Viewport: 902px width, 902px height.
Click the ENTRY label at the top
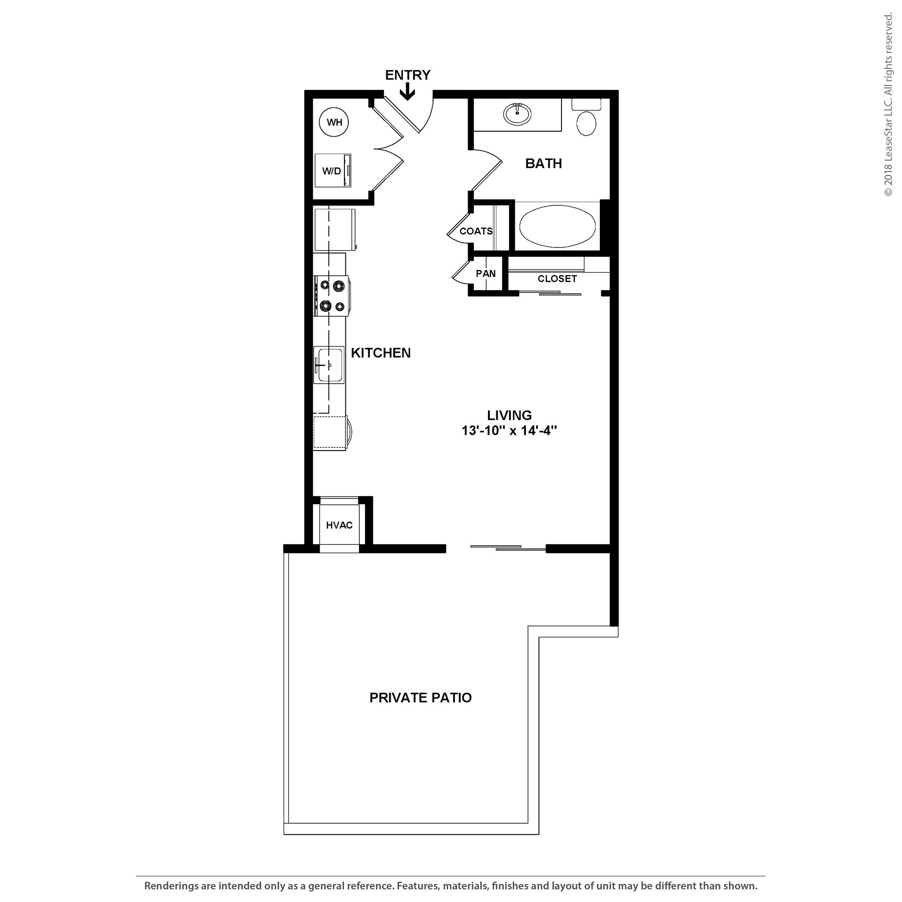coord(407,75)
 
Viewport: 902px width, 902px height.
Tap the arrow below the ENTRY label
coord(407,92)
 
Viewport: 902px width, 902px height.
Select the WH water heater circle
coord(334,122)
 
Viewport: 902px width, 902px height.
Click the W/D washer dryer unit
coord(333,170)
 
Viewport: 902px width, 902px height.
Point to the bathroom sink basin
coord(518,114)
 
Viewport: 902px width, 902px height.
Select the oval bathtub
coord(558,227)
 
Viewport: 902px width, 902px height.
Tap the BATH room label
coord(543,163)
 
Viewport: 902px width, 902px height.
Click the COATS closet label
coord(476,231)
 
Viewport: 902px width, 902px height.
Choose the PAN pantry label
coord(485,274)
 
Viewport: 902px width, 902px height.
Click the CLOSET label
coord(557,279)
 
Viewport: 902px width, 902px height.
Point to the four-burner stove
coord(332,296)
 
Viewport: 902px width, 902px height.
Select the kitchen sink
coord(329,365)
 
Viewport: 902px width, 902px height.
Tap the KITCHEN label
coord(381,353)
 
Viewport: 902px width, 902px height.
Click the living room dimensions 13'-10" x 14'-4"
coord(510,430)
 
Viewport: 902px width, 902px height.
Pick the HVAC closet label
coord(339,525)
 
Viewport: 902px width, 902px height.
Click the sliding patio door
coord(508,547)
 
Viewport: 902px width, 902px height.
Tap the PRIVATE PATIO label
coord(420,698)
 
